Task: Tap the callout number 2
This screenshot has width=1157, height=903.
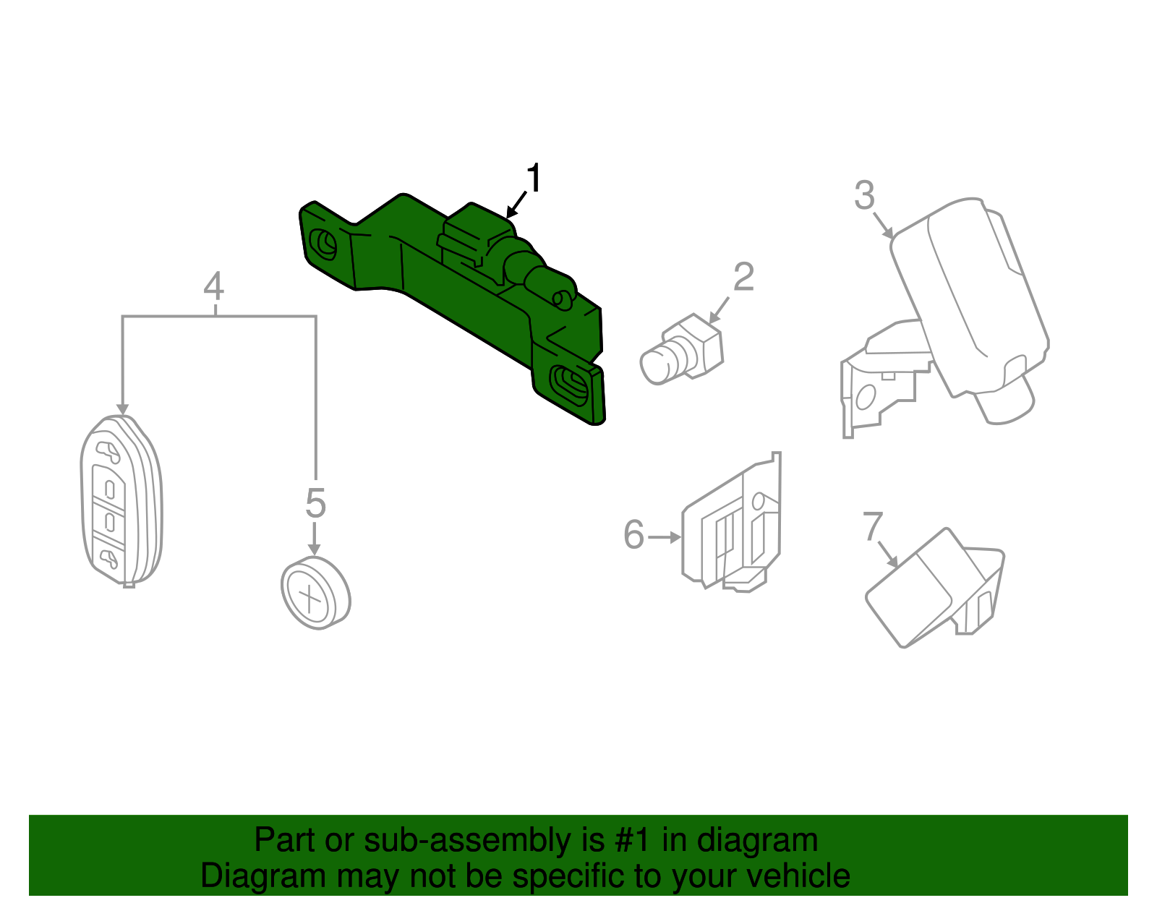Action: click(x=743, y=277)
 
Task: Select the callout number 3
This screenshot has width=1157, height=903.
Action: click(x=864, y=195)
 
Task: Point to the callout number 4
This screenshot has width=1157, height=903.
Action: click(x=213, y=287)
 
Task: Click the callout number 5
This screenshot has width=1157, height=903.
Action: click(x=315, y=503)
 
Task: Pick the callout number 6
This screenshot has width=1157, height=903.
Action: click(x=633, y=536)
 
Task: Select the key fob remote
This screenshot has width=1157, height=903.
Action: click(x=121, y=501)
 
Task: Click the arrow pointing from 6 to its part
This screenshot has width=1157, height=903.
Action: click(x=664, y=537)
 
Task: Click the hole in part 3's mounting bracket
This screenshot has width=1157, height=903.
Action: click(x=865, y=397)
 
